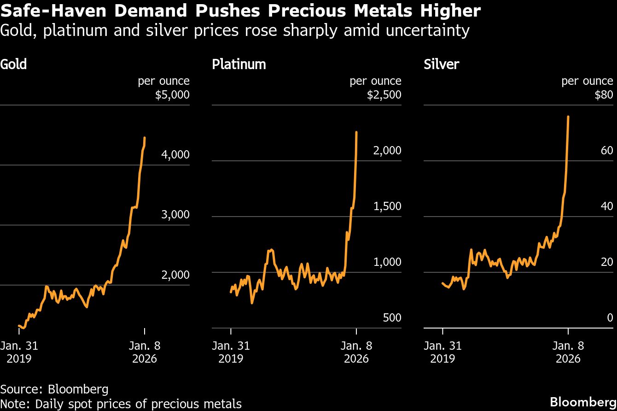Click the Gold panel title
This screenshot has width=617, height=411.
[14, 64]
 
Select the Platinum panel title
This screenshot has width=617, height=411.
[239, 64]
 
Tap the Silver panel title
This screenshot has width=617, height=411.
[441, 64]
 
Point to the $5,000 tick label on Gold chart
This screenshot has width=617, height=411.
[172, 95]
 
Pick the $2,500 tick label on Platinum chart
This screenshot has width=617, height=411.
[384, 95]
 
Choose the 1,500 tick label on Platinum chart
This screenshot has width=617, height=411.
[387, 206]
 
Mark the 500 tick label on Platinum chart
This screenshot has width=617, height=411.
[392, 318]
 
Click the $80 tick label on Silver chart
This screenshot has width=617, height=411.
[604, 95]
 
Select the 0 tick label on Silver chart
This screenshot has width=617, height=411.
[610, 318]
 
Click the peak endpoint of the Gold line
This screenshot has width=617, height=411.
[145, 137]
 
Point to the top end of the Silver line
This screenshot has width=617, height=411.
[568, 117]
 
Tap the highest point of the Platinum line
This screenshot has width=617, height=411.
[356, 132]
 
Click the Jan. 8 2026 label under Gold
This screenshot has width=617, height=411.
[145, 352]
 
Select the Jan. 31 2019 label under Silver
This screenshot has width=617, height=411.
[442, 352]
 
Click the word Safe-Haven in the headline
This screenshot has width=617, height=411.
[52, 11]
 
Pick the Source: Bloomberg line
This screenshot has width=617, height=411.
[54, 389]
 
